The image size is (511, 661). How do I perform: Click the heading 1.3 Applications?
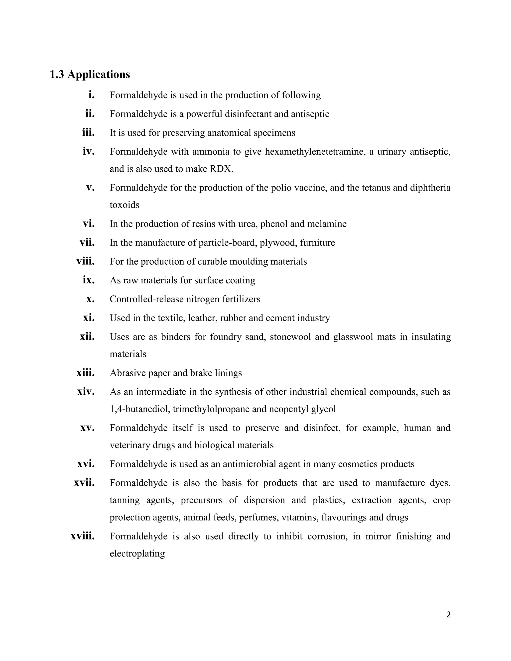click(90, 74)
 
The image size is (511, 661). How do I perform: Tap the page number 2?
click(448, 615)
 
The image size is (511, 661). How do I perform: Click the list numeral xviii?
click(83, 536)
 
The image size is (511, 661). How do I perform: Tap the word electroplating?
click(137, 553)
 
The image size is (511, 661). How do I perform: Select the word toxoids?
click(125, 205)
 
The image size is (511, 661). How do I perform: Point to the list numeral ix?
click(89, 280)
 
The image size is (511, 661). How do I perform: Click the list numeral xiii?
click(86, 373)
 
